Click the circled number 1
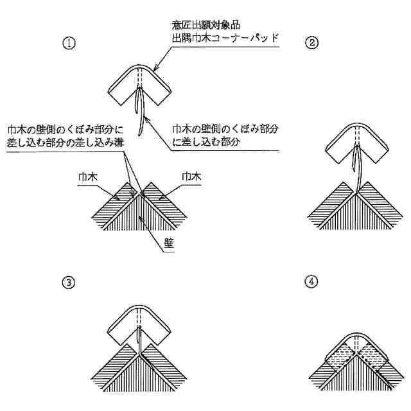67,43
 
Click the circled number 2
311,43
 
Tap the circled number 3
67,282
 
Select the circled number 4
311,282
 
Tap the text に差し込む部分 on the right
205,143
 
